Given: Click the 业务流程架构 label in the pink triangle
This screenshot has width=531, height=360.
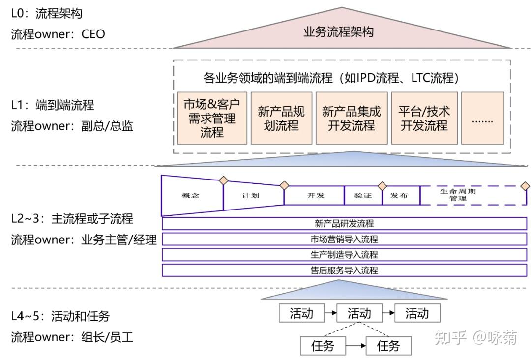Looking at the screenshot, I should click(x=338, y=32).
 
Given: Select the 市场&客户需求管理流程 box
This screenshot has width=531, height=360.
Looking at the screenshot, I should click(x=212, y=119).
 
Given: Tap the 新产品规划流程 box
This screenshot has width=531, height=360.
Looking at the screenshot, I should click(x=281, y=119).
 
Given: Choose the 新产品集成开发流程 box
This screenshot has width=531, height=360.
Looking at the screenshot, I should click(x=351, y=119).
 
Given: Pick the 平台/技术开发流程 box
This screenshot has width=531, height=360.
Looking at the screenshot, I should click(x=424, y=119).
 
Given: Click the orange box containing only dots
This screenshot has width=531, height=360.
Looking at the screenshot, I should click(x=482, y=119).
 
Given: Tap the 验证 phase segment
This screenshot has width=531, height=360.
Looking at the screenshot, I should click(x=363, y=195).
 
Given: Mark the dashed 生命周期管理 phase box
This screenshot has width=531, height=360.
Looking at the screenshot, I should click(x=472, y=195).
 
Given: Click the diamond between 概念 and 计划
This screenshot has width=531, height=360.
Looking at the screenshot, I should click(x=223, y=180).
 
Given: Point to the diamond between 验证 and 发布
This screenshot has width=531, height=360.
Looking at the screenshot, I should click(x=382, y=186).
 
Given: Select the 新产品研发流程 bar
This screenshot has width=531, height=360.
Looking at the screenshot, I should click(x=344, y=224).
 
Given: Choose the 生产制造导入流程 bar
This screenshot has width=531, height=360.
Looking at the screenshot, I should click(x=344, y=255).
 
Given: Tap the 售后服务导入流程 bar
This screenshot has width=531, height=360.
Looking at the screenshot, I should click(x=344, y=270).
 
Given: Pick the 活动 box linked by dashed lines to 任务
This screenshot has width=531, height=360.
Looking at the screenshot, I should click(x=359, y=313).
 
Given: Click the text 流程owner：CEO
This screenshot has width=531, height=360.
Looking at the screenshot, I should click(x=58, y=34).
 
